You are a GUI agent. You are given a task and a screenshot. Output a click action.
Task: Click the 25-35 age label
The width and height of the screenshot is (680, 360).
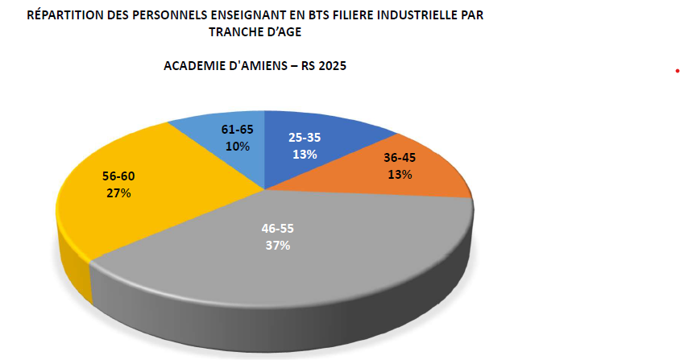[304, 137]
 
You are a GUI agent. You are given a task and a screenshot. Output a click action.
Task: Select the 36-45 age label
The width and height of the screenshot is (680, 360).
[399, 159]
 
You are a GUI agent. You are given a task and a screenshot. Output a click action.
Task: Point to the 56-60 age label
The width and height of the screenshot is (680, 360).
[119, 176]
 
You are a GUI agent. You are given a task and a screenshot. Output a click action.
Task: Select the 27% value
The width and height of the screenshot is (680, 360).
[119, 193]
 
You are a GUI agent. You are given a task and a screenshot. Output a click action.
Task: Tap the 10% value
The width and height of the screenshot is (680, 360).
[238, 147]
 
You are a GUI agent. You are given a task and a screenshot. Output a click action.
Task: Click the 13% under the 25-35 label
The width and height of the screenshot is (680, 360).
[304, 154]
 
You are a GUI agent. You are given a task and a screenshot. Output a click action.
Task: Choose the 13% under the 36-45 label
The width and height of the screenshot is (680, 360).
[399, 175]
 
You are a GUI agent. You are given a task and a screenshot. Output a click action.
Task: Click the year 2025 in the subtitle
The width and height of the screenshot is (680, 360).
[332, 67]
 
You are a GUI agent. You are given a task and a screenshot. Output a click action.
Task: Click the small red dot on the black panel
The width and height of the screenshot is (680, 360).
[677, 72]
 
